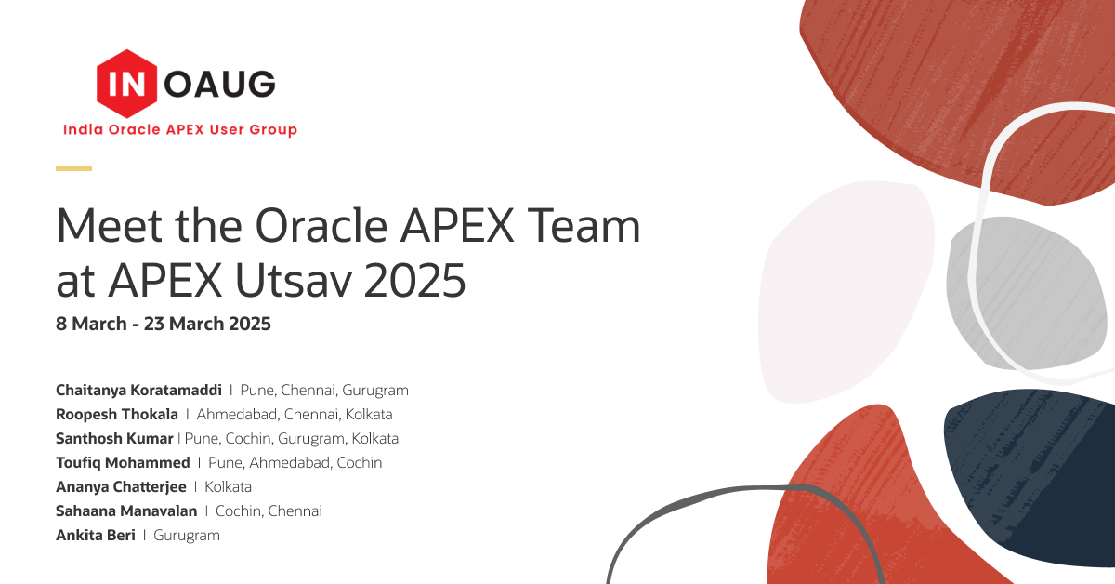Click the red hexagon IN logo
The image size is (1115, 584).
[127, 84]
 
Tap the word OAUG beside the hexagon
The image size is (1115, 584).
[219, 84]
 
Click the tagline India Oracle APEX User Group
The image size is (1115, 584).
[180, 129]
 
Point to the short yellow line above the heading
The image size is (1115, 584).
[73, 169]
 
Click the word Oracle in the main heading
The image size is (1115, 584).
[321, 226]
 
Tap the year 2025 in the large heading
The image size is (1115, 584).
[415, 280]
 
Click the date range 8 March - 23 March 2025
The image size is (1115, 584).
[164, 324]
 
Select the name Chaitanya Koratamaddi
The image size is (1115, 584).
[138, 391]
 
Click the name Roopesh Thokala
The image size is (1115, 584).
[117, 414]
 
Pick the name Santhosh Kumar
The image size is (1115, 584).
[114, 439]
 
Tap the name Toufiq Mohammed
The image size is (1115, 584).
[123, 463]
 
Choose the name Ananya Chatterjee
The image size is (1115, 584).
[121, 487]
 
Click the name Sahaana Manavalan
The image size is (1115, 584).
[126, 511]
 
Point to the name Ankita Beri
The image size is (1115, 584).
[96, 535]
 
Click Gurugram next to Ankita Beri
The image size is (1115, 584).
[187, 536]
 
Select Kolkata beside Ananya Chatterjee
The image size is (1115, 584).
[228, 487]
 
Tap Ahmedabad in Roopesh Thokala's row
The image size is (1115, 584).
[236, 414]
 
